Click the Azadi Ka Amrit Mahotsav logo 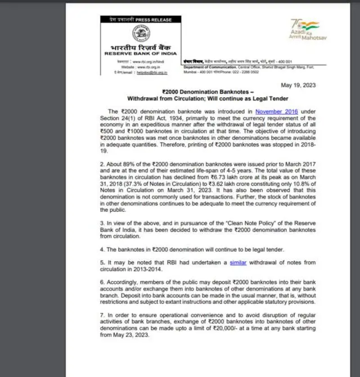[304, 31]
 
